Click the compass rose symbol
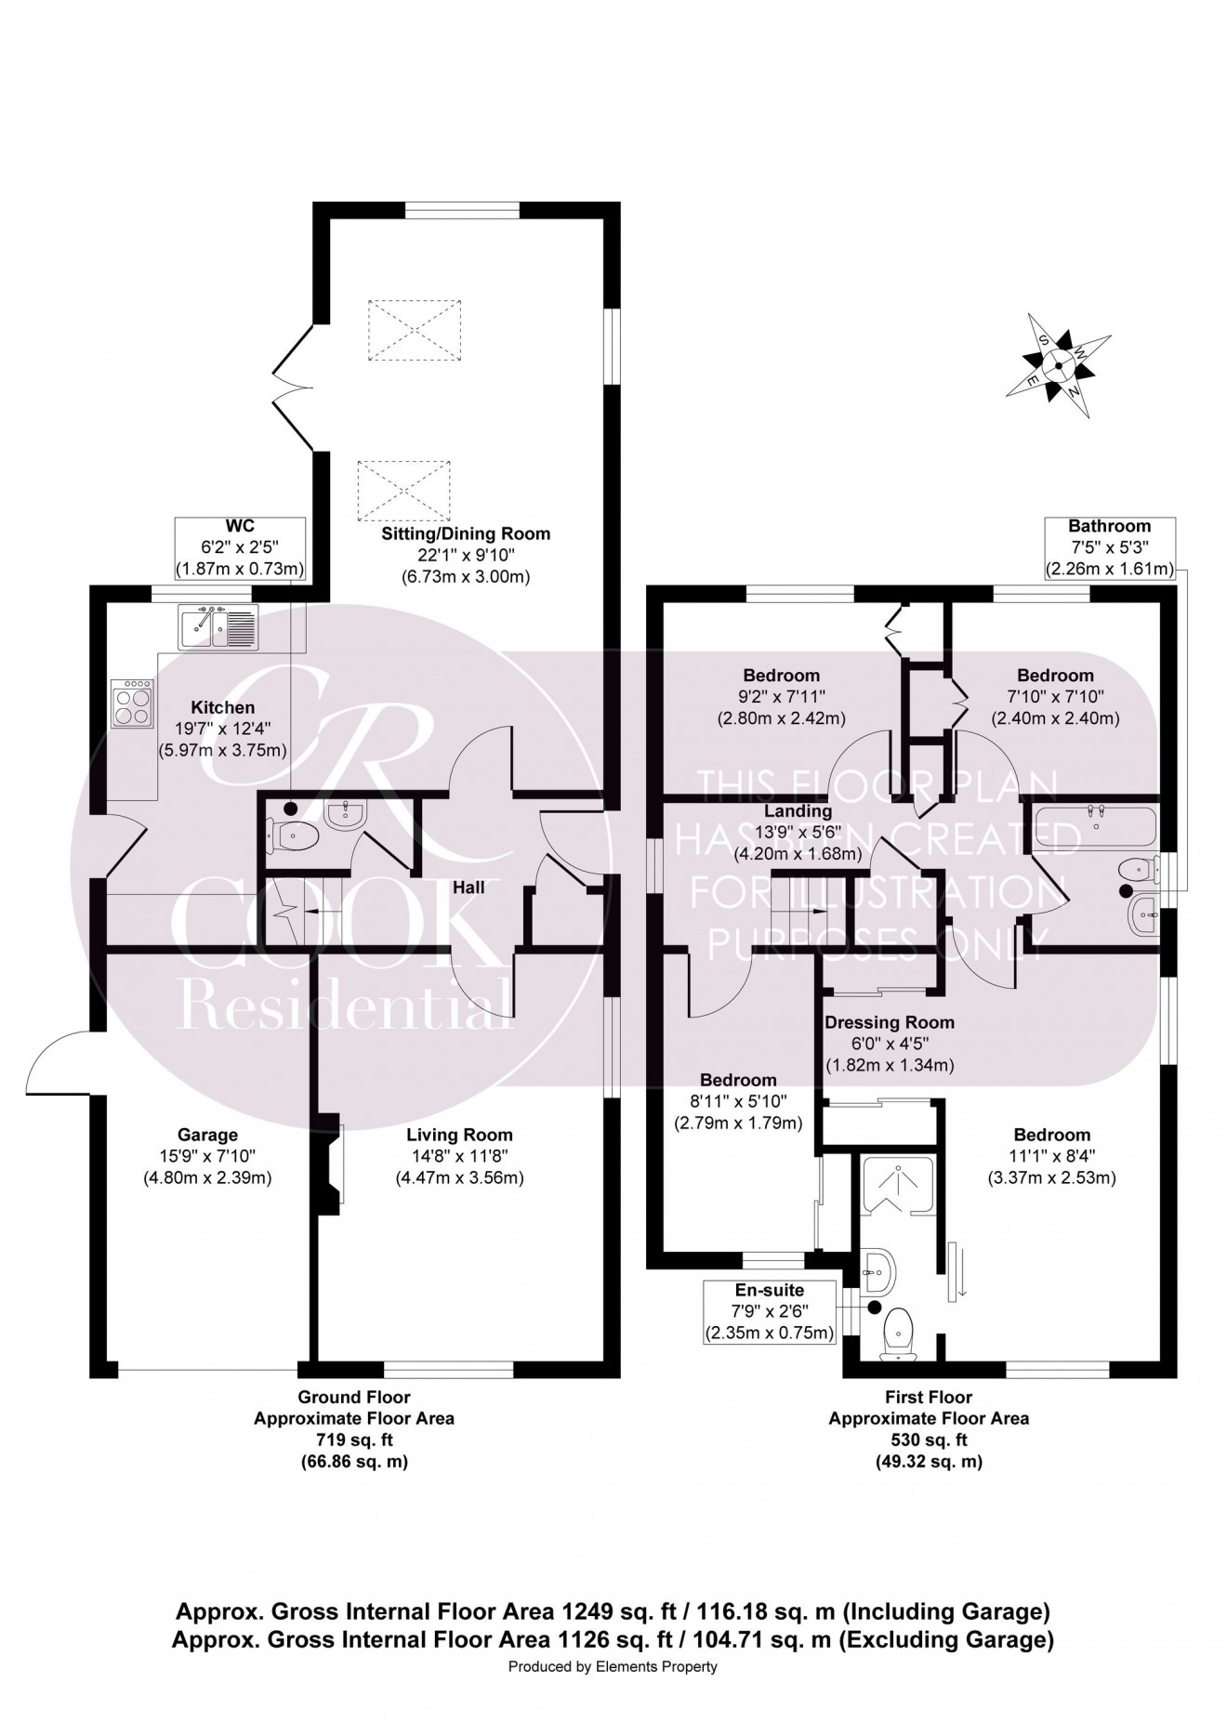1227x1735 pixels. click(1059, 365)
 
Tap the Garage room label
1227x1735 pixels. click(207, 1135)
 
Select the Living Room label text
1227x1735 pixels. click(459, 1135)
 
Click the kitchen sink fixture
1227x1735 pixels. click(218, 626)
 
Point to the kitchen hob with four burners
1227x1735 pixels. click(131, 703)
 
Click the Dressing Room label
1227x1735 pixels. click(890, 1022)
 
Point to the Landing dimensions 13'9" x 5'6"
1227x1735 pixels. click(798, 832)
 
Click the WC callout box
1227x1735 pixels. click(240, 548)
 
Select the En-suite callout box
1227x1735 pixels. click(769, 1311)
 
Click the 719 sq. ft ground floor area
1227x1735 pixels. click(353, 1440)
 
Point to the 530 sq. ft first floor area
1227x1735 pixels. click(928, 1440)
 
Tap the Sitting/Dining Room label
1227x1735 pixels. click(466, 534)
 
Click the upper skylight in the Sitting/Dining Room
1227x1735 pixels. click(415, 330)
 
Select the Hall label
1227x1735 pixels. click(468, 887)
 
